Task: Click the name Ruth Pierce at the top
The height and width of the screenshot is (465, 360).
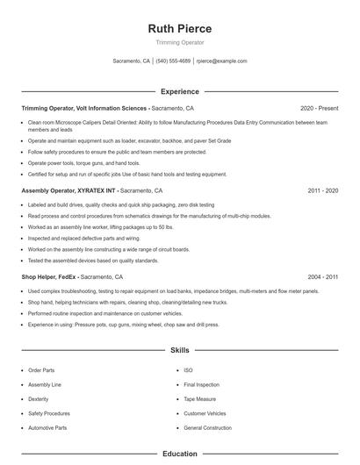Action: pyautogui.click(x=180, y=28)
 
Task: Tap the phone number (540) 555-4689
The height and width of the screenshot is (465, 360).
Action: pyautogui.click(x=174, y=61)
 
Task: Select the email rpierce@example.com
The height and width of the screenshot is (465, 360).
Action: pyautogui.click(x=221, y=61)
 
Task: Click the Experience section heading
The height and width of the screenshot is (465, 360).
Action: pyautogui.click(x=180, y=91)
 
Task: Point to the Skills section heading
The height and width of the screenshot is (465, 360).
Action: pyautogui.click(x=180, y=350)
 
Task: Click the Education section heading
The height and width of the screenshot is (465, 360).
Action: pyautogui.click(x=180, y=454)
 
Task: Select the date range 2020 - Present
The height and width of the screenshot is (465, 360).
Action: pyautogui.click(x=320, y=109)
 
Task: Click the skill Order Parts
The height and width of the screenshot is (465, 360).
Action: pyautogui.click(x=41, y=370)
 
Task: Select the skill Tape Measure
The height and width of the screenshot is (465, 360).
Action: pyautogui.click(x=201, y=398)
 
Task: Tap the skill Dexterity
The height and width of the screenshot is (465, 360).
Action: pyautogui.click(x=39, y=398)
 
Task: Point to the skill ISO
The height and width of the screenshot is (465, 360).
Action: pyautogui.click(x=188, y=370)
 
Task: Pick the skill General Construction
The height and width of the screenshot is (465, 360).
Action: pyautogui.click(x=208, y=427)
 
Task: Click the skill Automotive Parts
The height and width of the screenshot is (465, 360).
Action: pyautogui.click(x=47, y=427)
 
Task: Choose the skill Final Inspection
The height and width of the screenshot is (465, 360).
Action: pyautogui.click(x=202, y=384)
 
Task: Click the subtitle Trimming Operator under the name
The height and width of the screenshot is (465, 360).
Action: pyautogui.click(x=180, y=42)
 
